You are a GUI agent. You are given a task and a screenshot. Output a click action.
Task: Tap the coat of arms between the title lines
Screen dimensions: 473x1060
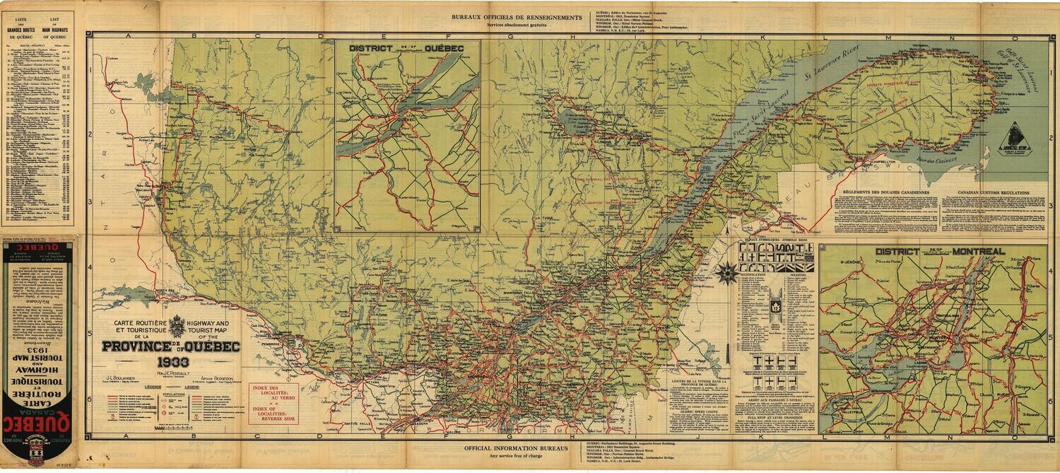point(177,327)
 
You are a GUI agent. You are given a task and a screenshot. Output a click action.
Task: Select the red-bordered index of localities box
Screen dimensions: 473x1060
point(273,403)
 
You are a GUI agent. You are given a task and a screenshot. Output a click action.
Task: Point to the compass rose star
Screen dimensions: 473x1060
point(725,272)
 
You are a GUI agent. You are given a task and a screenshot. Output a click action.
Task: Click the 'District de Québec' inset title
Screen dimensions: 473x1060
point(407,47)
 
